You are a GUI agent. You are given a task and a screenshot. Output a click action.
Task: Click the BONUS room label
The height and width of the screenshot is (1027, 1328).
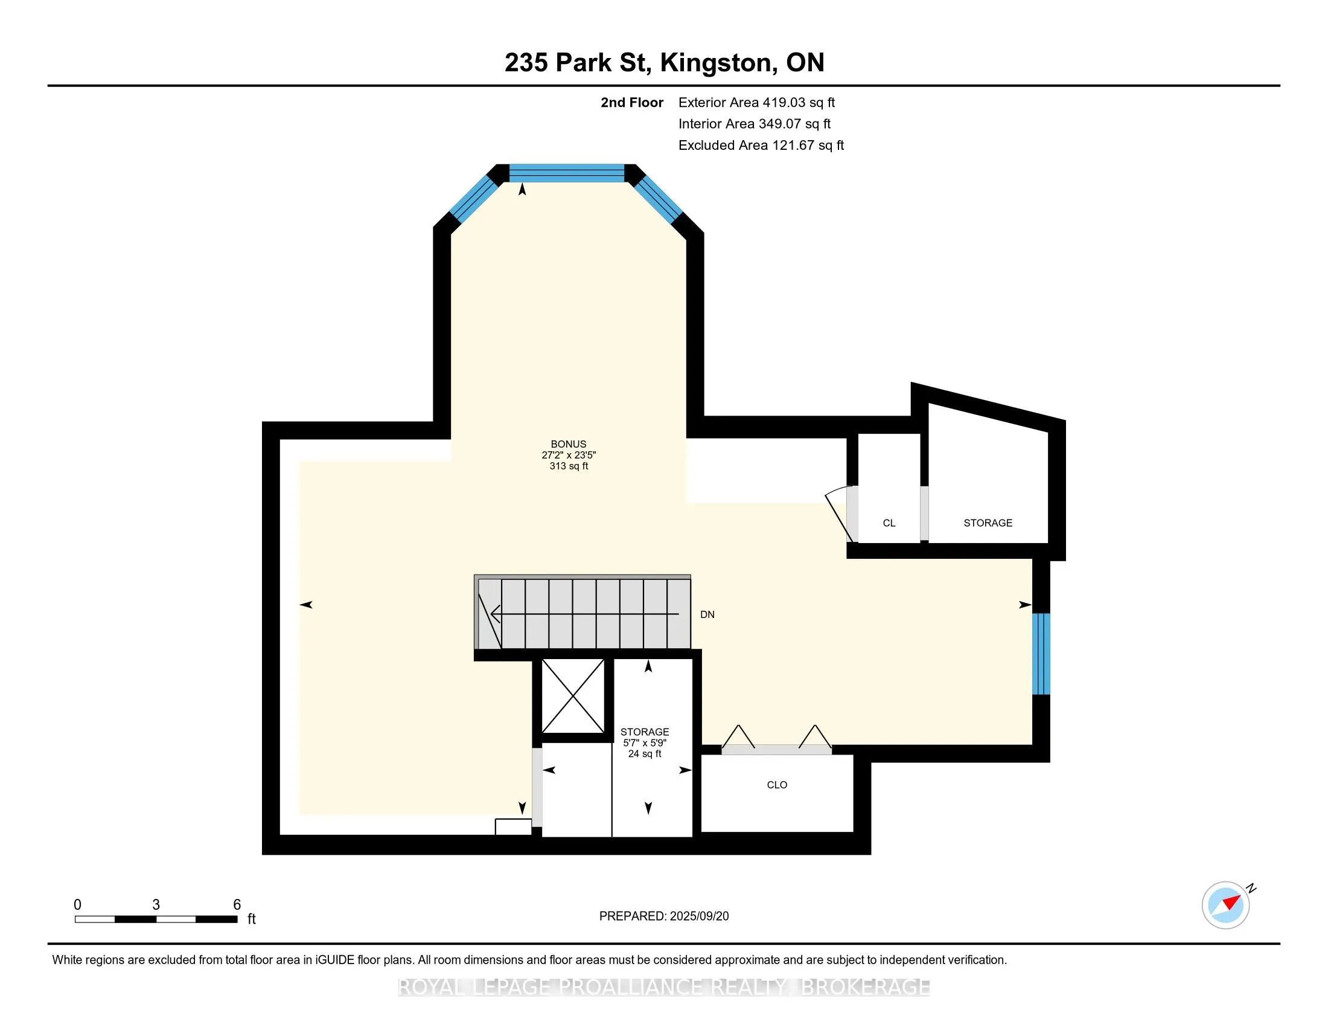pos(569,444)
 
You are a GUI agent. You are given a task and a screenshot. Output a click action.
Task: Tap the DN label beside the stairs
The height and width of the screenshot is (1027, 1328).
pos(707,614)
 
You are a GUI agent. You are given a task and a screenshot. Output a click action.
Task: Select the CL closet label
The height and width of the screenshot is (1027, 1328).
pos(889,523)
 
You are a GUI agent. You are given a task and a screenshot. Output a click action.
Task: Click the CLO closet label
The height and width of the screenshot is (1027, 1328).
pos(777,785)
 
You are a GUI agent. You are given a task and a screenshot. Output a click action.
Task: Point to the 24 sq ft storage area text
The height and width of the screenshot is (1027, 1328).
pos(645,754)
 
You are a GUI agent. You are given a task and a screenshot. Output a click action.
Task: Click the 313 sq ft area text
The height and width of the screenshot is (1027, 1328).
pos(569,466)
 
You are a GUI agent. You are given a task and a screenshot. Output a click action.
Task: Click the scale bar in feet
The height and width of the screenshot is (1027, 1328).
pos(156,919)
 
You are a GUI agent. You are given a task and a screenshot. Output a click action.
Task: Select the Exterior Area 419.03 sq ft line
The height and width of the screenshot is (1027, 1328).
pos(756,103)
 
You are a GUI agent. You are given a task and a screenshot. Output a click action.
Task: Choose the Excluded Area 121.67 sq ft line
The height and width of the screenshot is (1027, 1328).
pos(761,146)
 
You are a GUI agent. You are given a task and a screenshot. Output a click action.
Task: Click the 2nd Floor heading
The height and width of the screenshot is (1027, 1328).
pos(632,103)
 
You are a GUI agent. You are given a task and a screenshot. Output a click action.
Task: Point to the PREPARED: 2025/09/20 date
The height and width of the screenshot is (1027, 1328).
pos(664,916)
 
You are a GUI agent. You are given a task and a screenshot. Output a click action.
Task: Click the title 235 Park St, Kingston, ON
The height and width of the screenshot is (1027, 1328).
pos(664,63)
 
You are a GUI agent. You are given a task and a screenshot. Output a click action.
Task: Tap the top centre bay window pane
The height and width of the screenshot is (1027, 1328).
pos(567,173)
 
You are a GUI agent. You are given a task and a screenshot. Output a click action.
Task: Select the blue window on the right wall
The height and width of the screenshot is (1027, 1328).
pos(1042,654)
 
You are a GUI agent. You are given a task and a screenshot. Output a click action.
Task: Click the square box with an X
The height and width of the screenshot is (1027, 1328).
pos(573,696)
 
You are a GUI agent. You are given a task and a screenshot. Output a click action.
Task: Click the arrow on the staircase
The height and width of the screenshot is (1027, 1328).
pos(584,614)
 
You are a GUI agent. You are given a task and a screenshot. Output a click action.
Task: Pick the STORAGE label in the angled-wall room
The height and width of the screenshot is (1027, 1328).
pos(988,523)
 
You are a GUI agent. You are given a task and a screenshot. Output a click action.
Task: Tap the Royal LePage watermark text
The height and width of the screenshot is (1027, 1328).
pos(664,987)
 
